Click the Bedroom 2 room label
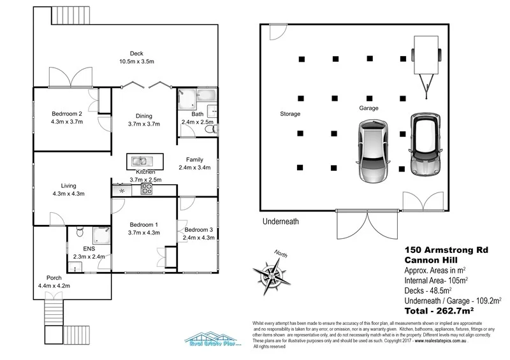click(x=67, y=118)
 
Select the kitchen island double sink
click(x=142, y=161)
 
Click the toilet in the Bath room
click(x=209, y=129)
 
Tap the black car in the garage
click(x=423, y=145)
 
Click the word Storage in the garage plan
click(x=290, y=114)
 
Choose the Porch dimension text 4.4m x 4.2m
click(x=54, y=286)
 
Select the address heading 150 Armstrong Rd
click(x=446, y=250)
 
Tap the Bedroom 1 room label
click(x=144, y=228)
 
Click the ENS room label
click(x=89, y=250)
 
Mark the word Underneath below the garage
click(x=280, y=222)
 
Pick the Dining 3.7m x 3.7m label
click(x=144, y=120)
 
